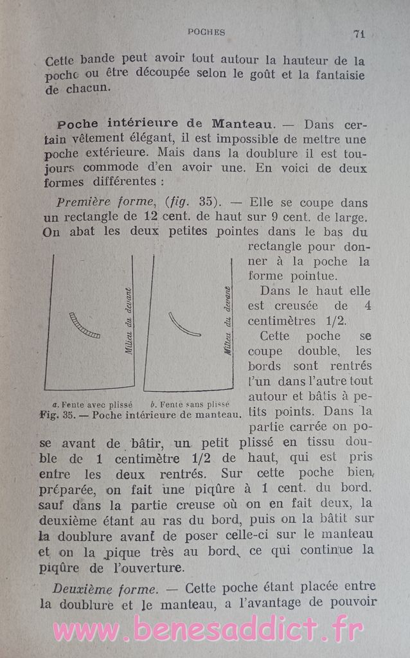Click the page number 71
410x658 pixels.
point(359,33)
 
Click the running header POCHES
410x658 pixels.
point(206,31)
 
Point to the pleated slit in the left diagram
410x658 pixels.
point(85,325)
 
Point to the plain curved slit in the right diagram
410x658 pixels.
point(184,325)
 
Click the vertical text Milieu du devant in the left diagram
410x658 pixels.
point(129,321)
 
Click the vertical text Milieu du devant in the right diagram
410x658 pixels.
point(227,312)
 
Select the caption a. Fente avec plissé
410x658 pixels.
point(92,405)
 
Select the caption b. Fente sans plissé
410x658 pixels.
point(190,405)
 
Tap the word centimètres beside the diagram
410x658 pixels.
point(281,321)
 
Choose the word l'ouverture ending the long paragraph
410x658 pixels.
point(147,567)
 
